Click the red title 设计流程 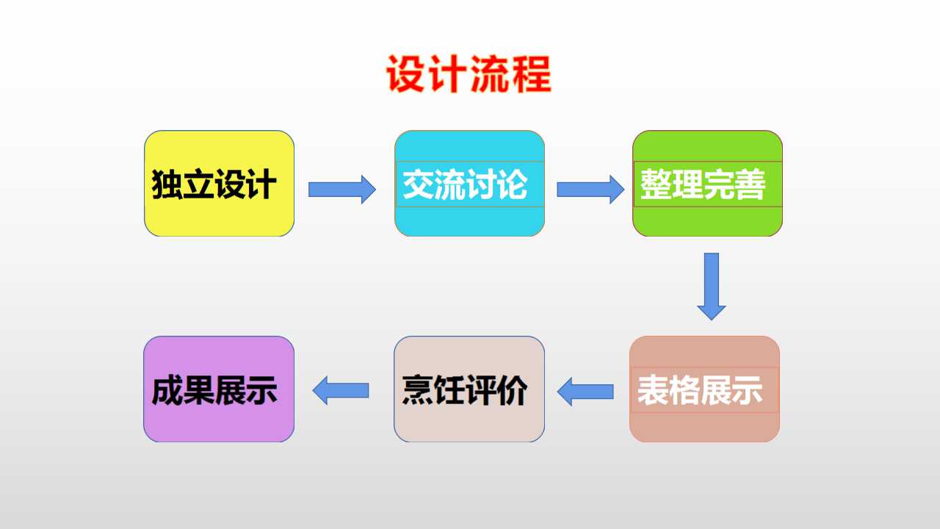[469, 74]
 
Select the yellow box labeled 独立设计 [219, 184]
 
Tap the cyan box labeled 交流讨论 [469, 184]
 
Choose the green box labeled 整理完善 [707, 184]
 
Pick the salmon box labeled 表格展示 [704, 389]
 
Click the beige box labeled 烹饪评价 [469, 389]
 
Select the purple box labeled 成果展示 [219, 389]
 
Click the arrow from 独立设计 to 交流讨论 [342, 190]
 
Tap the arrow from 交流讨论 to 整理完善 [590, 190]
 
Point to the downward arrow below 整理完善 [712, 287]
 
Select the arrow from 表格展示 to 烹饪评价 [585, 392]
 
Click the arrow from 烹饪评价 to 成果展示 [341, 390]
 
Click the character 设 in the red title [405, 74]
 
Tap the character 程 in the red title [532, 74]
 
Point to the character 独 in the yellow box [167, 184]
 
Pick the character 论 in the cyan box [512, 184]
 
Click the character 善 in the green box [751, 184]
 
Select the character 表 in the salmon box [653, 390]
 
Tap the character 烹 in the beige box [418, 390]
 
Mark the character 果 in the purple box [198, 390]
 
